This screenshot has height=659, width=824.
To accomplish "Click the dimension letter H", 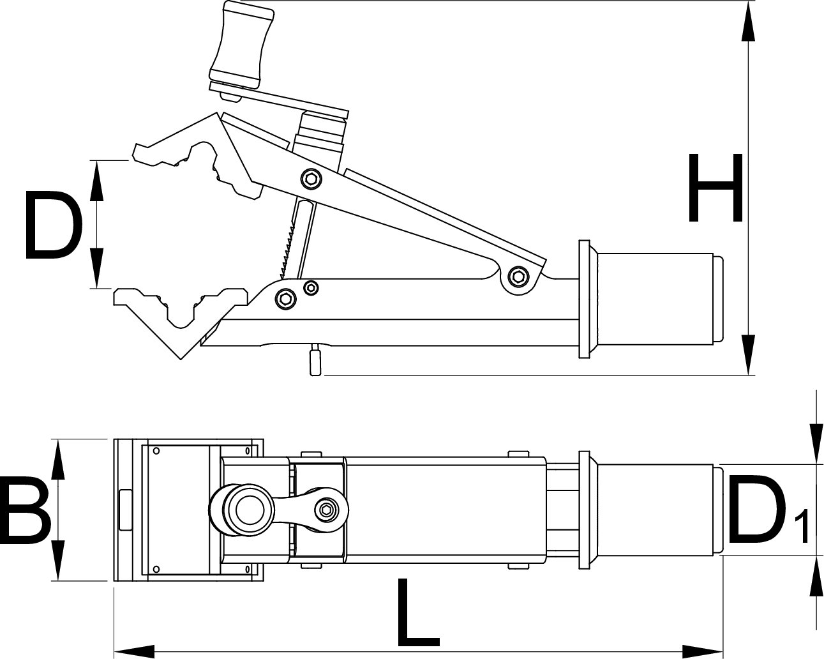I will coord(715,188).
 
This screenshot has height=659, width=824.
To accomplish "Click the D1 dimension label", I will coord(766,510).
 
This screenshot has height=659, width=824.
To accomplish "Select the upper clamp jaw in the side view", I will coord(191,153).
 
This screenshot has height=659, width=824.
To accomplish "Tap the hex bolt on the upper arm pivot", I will coord(311,179).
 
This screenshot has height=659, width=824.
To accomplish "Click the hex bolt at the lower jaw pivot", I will coord(285,297).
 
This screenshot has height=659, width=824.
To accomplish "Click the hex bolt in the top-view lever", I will coord(327,509).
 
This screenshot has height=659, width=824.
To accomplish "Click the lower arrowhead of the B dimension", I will coord(57,562).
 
